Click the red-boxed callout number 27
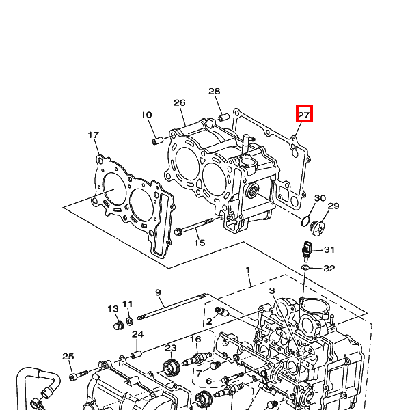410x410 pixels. pyautogui.click(x=304, y=115)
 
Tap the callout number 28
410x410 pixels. pyautogui.click(x=214, y=92)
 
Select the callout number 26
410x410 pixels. pyautogui.click(x=180, y=102)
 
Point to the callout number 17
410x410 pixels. pyautogui.click(x=94, y=135)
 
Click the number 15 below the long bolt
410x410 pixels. pyautogui.click(x=200, y=243)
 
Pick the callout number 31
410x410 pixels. pyautogui.click(x=329, y=249)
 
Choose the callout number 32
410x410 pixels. pyautogui.click(x=329, y=269)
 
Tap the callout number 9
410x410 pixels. pyautogui.click(x=158, y=292)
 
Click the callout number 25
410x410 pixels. pyautogui.click(x=68, y=357)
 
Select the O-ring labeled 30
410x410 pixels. pyautogui.click(x=305, y=221)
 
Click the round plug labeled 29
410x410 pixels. pyautogui.click(x=317, y=228)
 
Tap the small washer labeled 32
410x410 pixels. pyautogui.click(x=305, y=267)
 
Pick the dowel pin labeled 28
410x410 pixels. pyautogui.click(x=223, y=117)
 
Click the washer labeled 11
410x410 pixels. pyautogui.click(x=129, y=321)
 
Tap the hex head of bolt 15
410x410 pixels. pyautogui.click(x=178, y=232)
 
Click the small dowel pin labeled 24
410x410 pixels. pyautogui.click(x=136, y=355)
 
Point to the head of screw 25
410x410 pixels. pyautogui.click(x=72, y=377)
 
